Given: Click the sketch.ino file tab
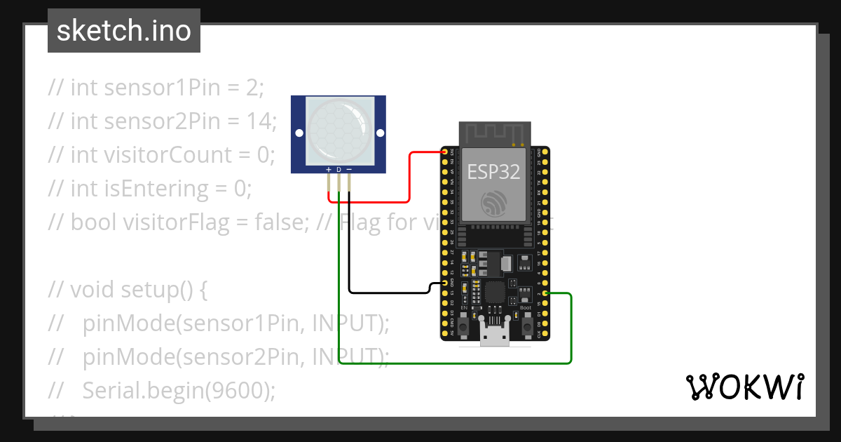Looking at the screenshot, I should [124, 31].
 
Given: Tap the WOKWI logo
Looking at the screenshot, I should [744, 387].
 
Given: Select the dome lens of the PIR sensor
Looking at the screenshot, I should [338, 129].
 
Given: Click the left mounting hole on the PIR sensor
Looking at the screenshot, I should [299, 133].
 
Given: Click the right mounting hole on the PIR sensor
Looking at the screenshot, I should [380, 133].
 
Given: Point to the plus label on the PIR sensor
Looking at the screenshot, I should [328, 170].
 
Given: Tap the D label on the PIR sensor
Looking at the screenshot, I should [339, 170].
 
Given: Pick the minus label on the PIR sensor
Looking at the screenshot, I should [349, 170].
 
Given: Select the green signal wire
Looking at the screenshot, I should [456, 363].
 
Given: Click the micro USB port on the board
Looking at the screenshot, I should [495, 337].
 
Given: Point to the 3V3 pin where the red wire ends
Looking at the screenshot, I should [444, 152].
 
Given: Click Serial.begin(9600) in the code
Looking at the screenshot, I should [178, 390].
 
